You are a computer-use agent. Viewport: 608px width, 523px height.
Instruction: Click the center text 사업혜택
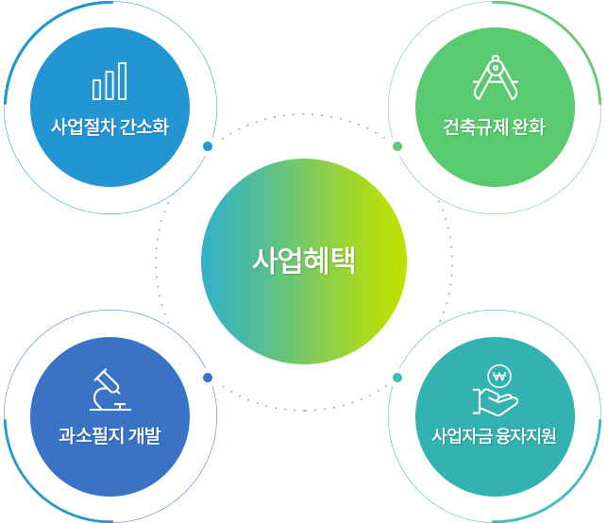coord(304,261)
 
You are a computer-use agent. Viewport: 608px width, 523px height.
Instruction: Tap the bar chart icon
coord(110,81)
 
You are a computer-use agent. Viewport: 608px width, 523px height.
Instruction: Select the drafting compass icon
coord(496,77)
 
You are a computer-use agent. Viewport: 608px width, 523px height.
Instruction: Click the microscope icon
coord(110,390)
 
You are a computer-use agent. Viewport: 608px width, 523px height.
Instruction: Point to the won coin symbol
coord(499,376)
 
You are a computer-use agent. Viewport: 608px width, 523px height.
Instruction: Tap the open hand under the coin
coord(496,402)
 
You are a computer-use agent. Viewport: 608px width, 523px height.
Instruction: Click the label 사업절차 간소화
coord(110,127)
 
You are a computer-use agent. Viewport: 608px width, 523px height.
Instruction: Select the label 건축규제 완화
coord(495,127)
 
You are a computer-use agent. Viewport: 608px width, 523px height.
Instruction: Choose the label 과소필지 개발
coord(110,435)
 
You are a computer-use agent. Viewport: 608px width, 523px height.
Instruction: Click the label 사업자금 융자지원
coord(495,435)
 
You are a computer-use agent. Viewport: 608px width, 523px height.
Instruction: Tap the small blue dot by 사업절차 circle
coord(208,146)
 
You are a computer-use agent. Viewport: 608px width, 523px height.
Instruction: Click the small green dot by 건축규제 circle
coord(397,146)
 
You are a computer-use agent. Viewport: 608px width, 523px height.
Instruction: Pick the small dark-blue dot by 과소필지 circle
coord(208,378)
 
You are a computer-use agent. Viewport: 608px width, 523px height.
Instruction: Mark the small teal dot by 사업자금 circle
coord(397,378)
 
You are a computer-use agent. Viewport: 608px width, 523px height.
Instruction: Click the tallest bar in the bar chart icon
coord(123,81)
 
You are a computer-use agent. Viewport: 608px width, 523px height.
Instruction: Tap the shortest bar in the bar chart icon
coord(96,90)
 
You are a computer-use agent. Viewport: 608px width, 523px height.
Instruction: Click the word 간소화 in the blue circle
coord(144,127)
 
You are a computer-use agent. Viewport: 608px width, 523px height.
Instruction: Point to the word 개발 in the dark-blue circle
coord(144,435)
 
